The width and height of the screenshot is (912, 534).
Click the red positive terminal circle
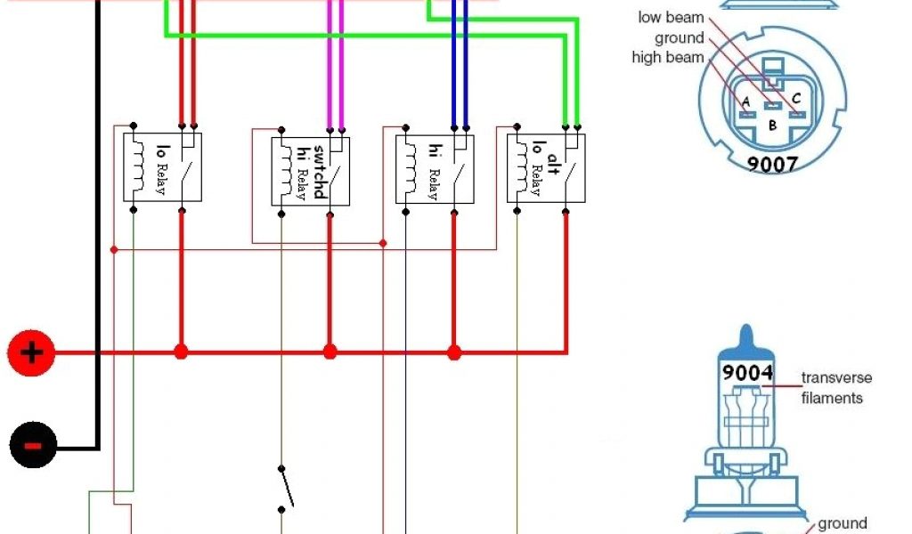click(31, 353)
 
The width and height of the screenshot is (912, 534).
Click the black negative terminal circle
click(33, 444)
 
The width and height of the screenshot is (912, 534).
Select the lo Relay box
click(162, 166)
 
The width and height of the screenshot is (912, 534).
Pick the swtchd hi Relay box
click(310, 171)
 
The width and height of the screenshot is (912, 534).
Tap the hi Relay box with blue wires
click(435, 169)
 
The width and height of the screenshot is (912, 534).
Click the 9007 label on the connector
click(772, 163)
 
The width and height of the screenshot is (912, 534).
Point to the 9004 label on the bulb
click(747, 373)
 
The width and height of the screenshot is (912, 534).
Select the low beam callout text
click(671, 18)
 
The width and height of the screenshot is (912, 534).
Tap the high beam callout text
click(668, 57)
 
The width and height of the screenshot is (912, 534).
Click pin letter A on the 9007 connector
click(745, 101)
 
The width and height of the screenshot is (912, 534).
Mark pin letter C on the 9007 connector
click(796, 98)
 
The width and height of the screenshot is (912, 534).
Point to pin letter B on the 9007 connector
click(772, 125)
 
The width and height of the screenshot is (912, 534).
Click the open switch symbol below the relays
click(284, 488)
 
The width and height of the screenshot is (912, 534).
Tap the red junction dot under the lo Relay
click(182, 352)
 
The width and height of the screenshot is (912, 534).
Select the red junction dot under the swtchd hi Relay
click(330, 352)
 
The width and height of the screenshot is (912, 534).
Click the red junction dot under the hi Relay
click(454, 352)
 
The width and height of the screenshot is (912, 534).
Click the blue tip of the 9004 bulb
click(746, 339)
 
